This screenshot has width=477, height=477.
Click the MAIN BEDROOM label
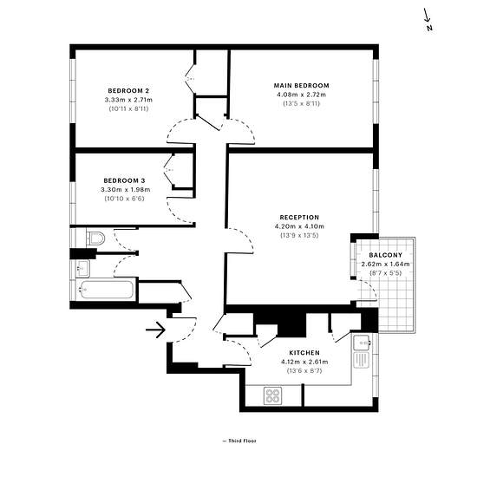[x=301, y=86]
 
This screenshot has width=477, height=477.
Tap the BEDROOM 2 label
[x=128, y=91]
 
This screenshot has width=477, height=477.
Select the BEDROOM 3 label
[x=124, y=180]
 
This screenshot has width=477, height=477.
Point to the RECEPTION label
[x=299, y=217]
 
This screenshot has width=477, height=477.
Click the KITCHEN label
[x=304, y=353]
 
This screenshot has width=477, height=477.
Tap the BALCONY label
[x=385, y=255]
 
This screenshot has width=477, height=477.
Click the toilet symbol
[x=95, y=238]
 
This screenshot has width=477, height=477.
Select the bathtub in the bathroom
[x=107, y=290]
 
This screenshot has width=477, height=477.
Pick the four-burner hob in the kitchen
[x=272, y=395]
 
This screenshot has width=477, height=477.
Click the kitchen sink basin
[x=362, y=343]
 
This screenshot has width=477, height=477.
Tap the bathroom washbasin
[x=82, y=268]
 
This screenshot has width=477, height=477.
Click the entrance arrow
[x=155, y=330]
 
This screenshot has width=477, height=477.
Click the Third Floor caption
[x=239, y=441]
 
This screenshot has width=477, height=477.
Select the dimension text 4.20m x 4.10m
[x=299, y=226]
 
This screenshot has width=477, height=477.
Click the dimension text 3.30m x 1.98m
[x=126, y=190]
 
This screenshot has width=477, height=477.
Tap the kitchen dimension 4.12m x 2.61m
[x=304, y=362]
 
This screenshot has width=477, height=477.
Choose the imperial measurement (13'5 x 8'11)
[x=302, y=103]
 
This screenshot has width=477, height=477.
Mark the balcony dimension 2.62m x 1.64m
[x=385, y=264]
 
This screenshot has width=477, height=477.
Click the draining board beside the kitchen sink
[x=362, y=360]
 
